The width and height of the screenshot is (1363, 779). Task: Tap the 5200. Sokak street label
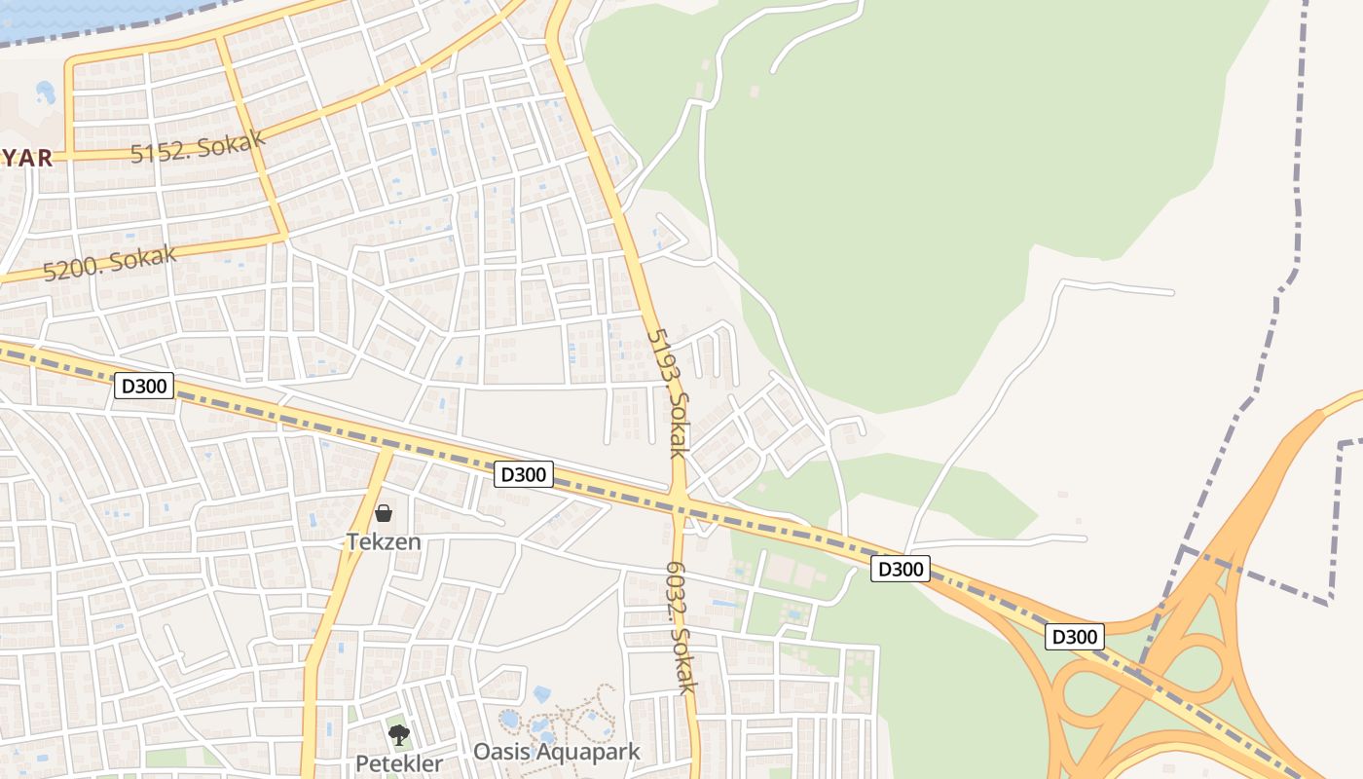(x=110, y=263)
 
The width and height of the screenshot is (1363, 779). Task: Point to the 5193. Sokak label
(x=668, y=392)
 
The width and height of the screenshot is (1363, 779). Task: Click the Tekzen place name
(x=384, y=541)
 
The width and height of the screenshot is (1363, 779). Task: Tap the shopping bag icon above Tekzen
(x=384, y=513)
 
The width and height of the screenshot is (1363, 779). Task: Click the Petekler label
(x=398, y=763)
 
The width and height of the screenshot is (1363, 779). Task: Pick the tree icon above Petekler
(x=398, y=735)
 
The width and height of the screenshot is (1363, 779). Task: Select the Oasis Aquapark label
(x=557, y=752)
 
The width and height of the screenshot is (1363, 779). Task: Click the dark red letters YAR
(x=26, y=158)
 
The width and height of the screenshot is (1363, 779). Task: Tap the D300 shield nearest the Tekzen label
(x=525, y=474)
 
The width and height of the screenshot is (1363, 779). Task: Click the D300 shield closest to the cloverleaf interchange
(x=1075, y=637)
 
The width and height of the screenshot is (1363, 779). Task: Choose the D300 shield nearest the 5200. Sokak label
(x=144, y=387)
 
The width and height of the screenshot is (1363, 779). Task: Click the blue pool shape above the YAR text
(x=45, y=93)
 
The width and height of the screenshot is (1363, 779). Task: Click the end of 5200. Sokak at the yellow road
(x=284, y=236)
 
